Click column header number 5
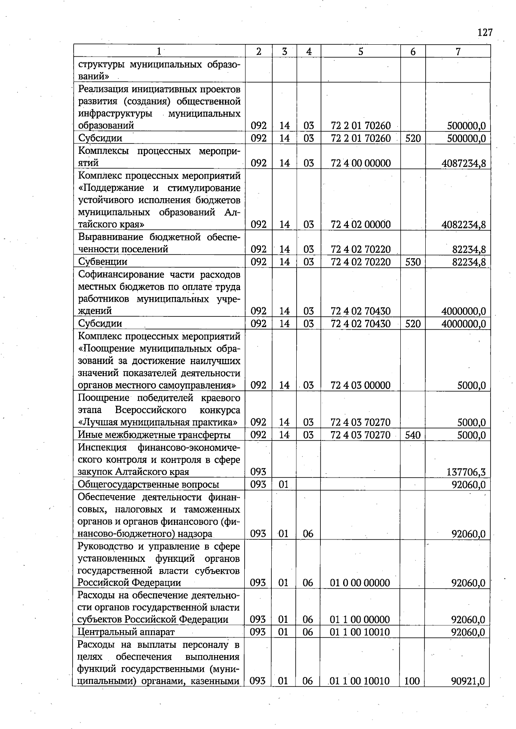coord(360,52)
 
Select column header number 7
coord(458,52)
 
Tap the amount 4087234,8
coord(464,163)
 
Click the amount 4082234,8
coord(464,225)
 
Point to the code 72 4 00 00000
coord(361,163)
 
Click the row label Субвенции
coord(102,262)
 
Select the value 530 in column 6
coord(412,262)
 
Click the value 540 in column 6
coord(412,435)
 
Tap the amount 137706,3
coord(466,472)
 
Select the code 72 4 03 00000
coord(361,386)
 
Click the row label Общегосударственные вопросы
coord(148,485)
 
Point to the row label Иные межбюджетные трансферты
coord(154,435)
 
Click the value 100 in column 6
coord(412,681)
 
